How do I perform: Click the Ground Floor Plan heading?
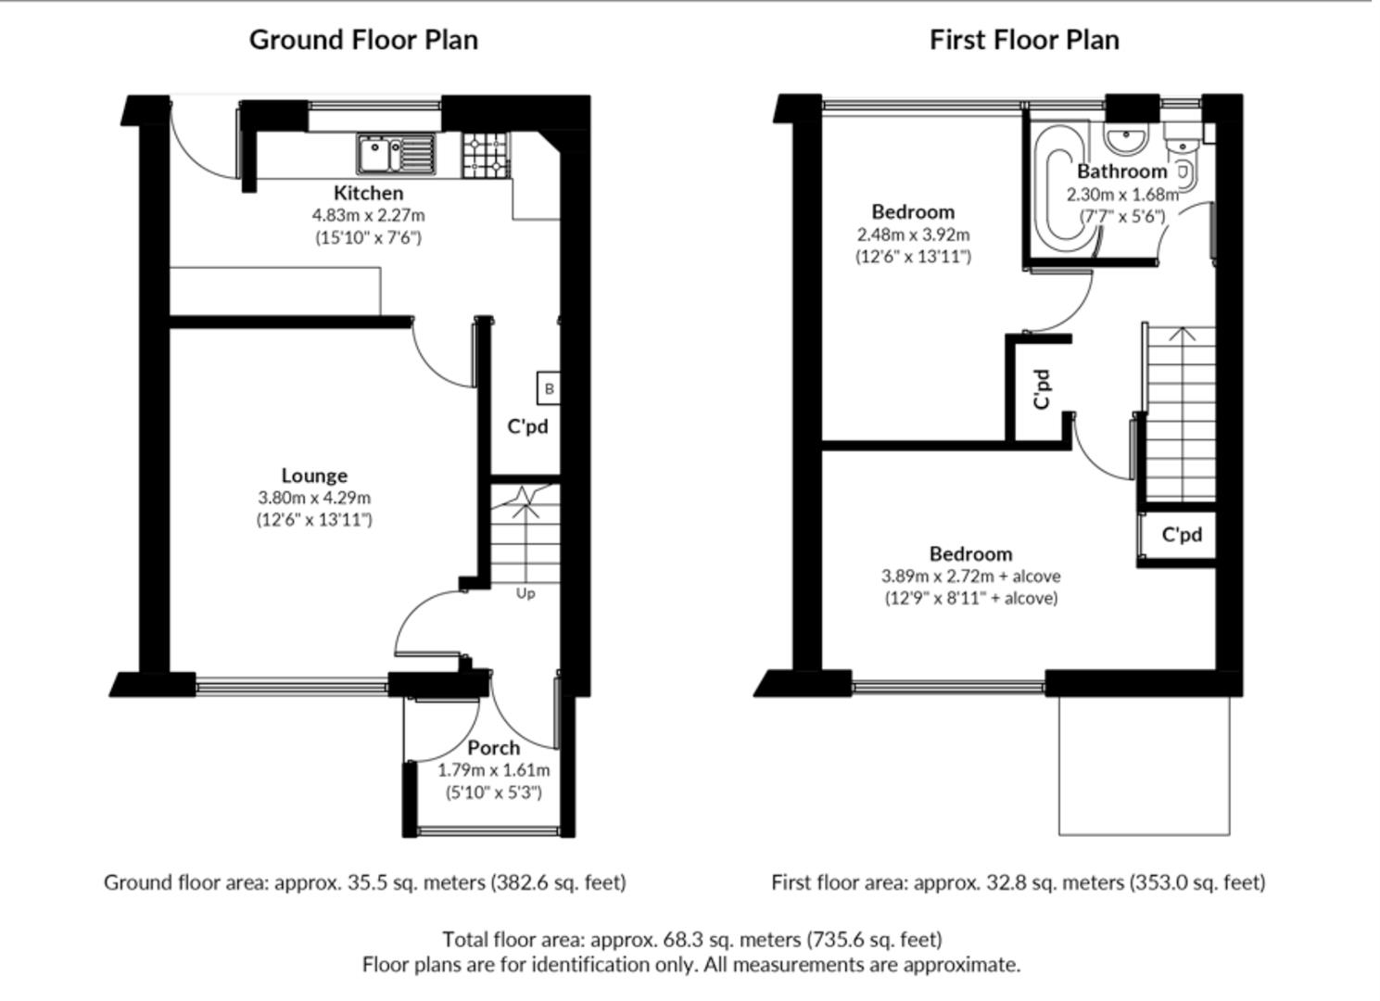[x=363, y=40]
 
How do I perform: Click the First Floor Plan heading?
[x=1024, y=40]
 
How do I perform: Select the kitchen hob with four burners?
[x=486, y=155]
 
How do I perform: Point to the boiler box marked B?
[x=549, y=388]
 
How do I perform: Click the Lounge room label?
[x=314, y=475]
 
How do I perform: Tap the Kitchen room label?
[x=368, y=193]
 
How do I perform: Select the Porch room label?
[x=493, y=747]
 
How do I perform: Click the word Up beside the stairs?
[x=525, y=593]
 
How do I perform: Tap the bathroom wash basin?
[x=1126, y=140]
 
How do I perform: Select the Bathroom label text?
[x=1121, y=171]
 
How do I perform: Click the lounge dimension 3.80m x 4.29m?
[x=314, y=498]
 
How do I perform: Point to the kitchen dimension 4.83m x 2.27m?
[x=368, y=215]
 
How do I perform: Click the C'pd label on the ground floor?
[x=527, y=426]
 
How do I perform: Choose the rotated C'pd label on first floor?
[x=1043, y=388]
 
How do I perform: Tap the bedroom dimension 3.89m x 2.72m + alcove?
[x=970, y=576]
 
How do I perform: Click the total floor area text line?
[x=691, y=939]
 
